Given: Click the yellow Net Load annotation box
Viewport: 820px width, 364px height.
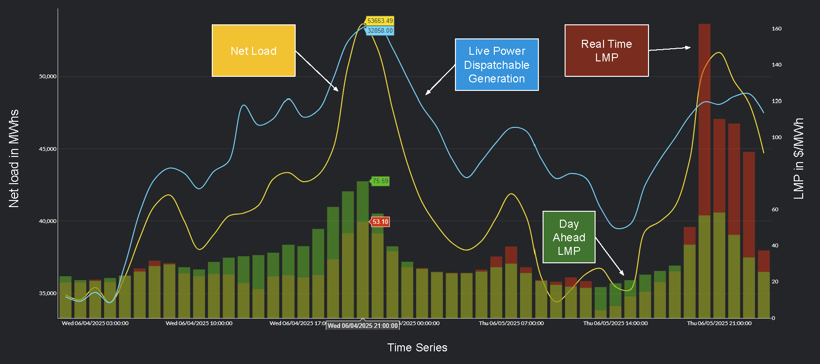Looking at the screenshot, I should coord(253,51).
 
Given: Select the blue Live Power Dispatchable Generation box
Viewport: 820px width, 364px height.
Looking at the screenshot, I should coord(497,65).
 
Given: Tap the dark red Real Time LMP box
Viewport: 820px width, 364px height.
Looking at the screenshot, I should coord(606,51).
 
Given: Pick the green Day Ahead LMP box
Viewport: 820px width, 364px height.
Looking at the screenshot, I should coord(569,237).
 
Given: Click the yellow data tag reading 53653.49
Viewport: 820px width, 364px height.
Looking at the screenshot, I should coord(380,21).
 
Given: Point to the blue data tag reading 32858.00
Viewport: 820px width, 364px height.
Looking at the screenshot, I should coord(380,31).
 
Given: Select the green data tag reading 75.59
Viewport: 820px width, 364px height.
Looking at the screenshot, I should coord(380,181).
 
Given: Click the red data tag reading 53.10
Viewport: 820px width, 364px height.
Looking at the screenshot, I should coord(380,222).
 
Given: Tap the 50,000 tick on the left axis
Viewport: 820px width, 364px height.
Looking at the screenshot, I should coord(47,76).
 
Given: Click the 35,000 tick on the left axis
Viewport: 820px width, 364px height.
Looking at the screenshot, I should coord(47,293).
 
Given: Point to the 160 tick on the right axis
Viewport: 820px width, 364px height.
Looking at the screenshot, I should coord(776,29).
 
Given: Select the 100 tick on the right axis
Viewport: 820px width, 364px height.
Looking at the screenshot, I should coord(776,137).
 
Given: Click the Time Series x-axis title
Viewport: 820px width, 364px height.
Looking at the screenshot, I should coord(417,348).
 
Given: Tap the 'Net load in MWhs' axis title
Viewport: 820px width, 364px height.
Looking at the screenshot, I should coord(14,158).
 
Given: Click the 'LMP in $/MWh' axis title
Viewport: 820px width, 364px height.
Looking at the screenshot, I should coord(798,158).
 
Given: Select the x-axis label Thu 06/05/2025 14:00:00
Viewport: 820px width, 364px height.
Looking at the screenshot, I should coord(615,323).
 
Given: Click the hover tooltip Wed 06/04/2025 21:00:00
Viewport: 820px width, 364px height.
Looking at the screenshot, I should coord(363,326).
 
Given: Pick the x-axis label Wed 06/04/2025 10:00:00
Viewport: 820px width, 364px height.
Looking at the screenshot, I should coord(199,323).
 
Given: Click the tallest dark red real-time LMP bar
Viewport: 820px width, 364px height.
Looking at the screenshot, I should coord(704,117).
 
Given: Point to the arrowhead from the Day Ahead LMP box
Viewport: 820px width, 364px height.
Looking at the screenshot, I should coord(623,274).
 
